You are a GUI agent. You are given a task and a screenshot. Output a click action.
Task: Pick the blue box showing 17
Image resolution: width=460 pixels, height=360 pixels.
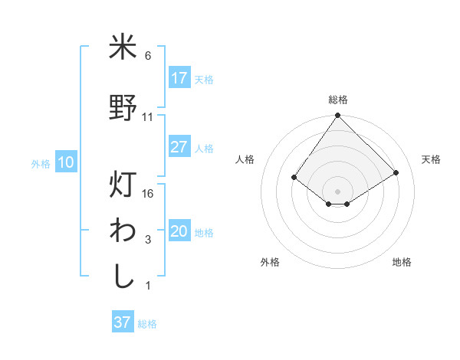pyautogui.click(x=179, y=78)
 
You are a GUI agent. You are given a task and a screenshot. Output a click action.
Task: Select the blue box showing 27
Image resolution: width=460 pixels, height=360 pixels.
pyautogui.click(x=179, y=147)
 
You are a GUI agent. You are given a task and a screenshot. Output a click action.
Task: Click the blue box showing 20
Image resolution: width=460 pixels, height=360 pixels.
pyautogui.click(x=179, y=232)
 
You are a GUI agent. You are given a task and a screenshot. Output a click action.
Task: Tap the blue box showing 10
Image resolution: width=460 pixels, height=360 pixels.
pyautogui.click(x=66, y=162)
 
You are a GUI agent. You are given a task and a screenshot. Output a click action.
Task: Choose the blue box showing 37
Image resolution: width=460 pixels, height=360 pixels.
pyautogui.click(x=123, y=322)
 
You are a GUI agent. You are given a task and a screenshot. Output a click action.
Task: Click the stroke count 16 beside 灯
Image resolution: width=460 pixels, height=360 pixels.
pyautogui.click(x=149, y=194)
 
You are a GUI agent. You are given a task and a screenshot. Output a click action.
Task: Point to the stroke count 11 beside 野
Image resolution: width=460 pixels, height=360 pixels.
pyautogui.click(x=148, y=117)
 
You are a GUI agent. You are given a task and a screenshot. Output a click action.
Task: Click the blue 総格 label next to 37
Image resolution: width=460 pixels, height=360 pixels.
pyautogui.click(x=147, y=324)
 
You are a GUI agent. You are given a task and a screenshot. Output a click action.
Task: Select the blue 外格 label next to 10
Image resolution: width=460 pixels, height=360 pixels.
pyautogui.click(x=41, y=163)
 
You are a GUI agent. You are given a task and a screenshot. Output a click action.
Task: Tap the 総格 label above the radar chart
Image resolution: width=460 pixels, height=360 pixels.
pyautogui.click(x=337, y=100)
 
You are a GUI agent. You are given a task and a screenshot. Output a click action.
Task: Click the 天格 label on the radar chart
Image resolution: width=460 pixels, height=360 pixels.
pyautogui.click(x=431, y=159)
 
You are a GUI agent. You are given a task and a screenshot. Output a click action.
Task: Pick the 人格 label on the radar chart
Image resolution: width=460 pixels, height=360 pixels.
pyautogui.click(x=245, y=159)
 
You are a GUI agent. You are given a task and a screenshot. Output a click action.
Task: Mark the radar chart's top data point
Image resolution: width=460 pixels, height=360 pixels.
pyautogui.click(x=337, y=116)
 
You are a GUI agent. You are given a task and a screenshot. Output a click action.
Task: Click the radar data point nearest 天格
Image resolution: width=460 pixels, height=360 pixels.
pyautogui.click(x=396, y=173)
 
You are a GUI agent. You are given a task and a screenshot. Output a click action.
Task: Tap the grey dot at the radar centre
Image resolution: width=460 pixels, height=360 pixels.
pyautogui.click(x=337, y=190)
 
